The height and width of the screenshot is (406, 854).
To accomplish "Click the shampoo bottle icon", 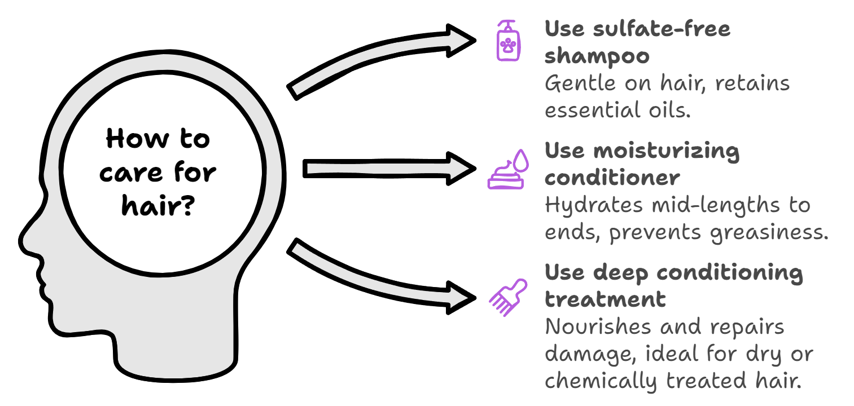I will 509,41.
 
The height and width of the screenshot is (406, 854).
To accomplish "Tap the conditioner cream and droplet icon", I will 507,169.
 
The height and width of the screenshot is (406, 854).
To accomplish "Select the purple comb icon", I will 507,297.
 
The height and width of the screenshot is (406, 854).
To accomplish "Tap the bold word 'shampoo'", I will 597,56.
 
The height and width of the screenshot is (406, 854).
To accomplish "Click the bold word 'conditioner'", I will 612,178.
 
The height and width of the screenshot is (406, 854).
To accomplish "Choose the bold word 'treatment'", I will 605,299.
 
